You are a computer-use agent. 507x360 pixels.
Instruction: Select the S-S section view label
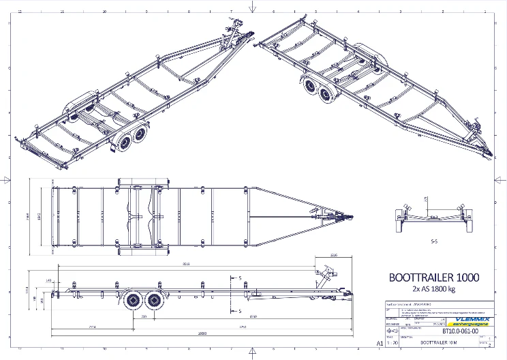pos(433,241)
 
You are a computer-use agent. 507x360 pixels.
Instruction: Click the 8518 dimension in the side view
pos(185,263)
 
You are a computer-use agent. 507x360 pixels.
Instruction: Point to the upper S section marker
pos(241,277)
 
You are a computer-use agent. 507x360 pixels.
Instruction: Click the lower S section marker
pos(241,310)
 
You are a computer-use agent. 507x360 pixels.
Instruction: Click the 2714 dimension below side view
pos(93,327)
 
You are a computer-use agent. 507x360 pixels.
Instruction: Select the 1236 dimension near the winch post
pos(333,255)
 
